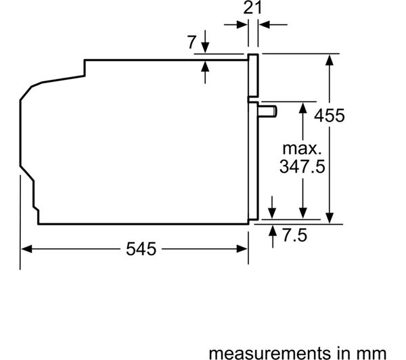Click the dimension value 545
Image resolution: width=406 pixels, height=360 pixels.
[141, 249]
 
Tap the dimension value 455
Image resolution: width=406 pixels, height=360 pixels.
[330, 115]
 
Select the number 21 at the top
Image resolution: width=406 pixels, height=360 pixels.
[252, 7]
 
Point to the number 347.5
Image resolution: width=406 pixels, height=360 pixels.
[302, 166]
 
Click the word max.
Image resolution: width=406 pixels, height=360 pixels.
[302, 149]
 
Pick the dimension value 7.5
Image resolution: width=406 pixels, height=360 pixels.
[294, 235]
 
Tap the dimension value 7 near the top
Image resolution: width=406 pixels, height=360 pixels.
[192, 42]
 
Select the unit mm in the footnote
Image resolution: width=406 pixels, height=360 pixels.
[371, 353]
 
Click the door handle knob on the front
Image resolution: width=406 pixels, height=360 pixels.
[267, 112]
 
